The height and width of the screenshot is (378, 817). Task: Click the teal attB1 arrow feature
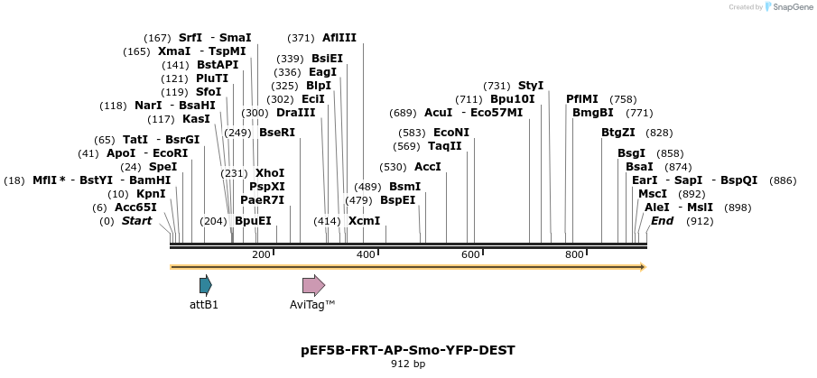tap(205, 286)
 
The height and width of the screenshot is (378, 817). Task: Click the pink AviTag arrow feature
tap(312, 286)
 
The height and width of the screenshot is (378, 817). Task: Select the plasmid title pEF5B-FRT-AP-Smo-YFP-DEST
tap(408, 350)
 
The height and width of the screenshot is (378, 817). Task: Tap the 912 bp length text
tap(408, 364)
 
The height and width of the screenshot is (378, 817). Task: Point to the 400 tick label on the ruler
tap(366, 255)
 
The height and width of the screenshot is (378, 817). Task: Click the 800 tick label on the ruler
tap(574, 255)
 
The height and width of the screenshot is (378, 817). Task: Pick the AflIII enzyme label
tap(339, 38)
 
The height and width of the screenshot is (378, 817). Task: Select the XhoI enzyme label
tap(270, 172)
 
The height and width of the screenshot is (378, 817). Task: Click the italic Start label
tap(137, 221)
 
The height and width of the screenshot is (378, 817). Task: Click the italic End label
tap(662, 221)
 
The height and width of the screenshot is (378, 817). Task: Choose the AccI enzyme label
tap(428, 167)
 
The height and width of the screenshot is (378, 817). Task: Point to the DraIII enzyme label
tap(295, 113)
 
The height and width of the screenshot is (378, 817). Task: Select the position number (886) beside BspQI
tap(783, 180)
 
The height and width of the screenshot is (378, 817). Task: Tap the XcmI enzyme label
tap(365, 221)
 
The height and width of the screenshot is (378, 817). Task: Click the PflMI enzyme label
tap(582, 99)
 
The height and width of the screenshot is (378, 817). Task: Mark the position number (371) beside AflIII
tap(301, 38)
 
